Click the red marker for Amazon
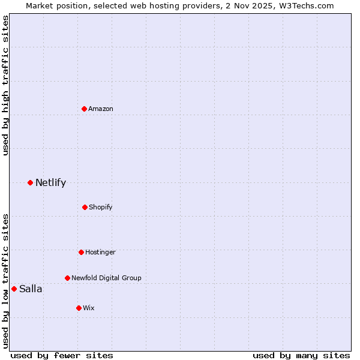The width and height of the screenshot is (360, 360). coord(84,109)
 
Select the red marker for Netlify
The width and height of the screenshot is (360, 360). coord(30,182)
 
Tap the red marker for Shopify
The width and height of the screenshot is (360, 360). coord(85,207)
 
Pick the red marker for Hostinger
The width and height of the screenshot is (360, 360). coord(81,252)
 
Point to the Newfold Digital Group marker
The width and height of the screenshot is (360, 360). coord(67,278)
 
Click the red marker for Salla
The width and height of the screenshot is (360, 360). coord(14,289)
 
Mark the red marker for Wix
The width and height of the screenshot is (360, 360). coord(79,308)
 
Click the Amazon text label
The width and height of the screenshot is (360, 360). coord(101,109)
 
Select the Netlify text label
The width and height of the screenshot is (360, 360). coord(50,182)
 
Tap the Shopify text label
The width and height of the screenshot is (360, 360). coord(101,207)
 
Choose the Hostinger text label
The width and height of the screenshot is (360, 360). coord(100,252)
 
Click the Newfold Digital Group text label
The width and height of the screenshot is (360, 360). coord(106,278)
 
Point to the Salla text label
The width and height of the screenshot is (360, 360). coord(31,289)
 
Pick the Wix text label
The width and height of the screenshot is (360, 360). coord(89,308)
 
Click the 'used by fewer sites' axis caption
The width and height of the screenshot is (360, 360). coord(62,355)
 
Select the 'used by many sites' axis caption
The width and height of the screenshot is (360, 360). coord(301,355)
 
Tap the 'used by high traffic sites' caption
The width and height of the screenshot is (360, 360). coord(5,85)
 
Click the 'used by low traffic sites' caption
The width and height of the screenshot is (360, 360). coord(5,281)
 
